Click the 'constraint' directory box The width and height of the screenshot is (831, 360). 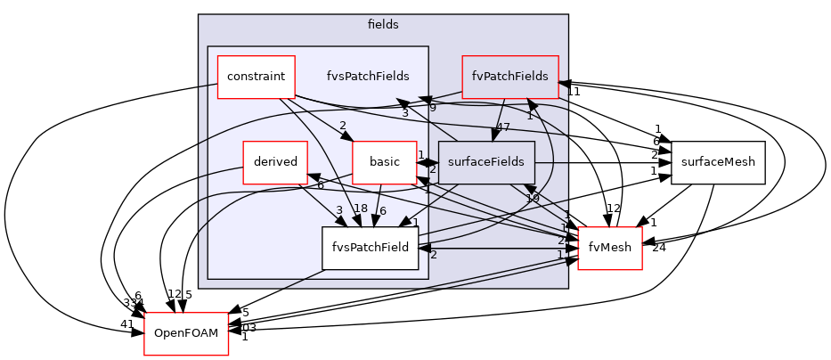point(256,77)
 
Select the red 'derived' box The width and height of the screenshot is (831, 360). point(275,162)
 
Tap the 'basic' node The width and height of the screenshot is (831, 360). point(384,162)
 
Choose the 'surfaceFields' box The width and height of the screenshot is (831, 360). point(485,162)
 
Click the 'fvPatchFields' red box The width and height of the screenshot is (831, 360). point(509,77)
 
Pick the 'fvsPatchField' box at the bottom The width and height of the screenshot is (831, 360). point(370,248)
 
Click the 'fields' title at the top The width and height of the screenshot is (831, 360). point(383,25)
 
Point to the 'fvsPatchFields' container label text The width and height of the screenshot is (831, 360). point(368,77)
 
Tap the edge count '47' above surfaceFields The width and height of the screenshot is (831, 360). point(502,127)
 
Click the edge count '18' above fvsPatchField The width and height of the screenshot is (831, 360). point(361,209)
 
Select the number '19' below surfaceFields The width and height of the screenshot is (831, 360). point(532,198)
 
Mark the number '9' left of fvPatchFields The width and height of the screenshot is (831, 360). point(432,108)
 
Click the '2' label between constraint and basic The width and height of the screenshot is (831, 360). point(342,126)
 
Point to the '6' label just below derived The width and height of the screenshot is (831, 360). point(320,185)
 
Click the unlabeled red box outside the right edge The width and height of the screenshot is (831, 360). point(609,248)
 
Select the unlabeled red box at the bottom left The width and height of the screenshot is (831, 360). point(186,334)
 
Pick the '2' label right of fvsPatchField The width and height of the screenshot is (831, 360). point(433,255)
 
